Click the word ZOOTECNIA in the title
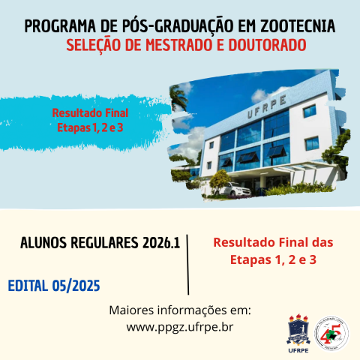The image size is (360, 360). coord(295,27)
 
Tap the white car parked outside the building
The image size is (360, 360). coord(238,188)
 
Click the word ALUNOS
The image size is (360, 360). coord(44,244)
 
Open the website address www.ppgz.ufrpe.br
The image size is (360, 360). coord(180,327)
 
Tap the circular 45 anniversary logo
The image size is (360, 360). coord(332,331)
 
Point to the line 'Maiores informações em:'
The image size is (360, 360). coord(180,310)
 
